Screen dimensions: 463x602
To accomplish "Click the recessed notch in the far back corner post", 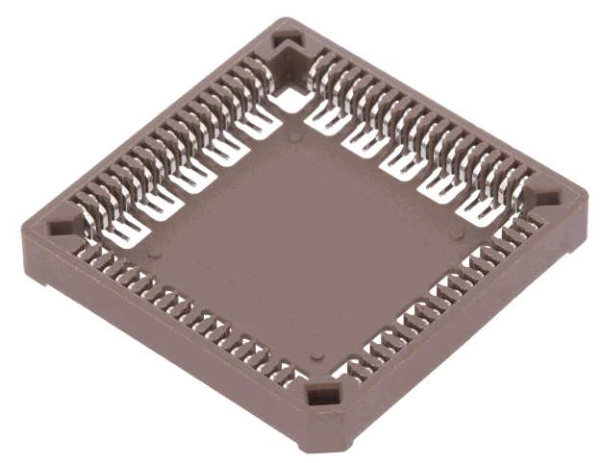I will click(286, 43).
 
